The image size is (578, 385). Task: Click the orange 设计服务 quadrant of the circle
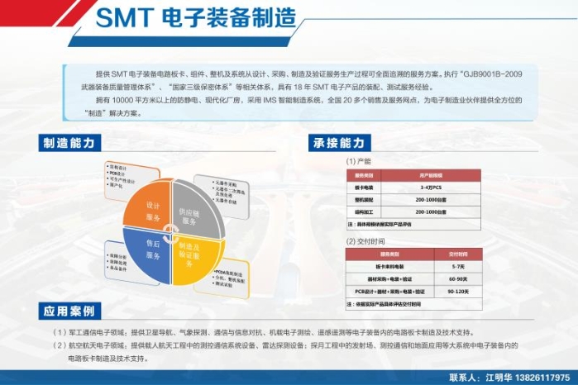coord(148,207)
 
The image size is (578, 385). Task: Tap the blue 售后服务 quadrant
coord(150,252)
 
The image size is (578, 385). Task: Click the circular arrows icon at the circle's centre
coord(171,230)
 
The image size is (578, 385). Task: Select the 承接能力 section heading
coord(337,142)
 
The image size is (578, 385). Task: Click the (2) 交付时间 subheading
coord(365,241)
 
